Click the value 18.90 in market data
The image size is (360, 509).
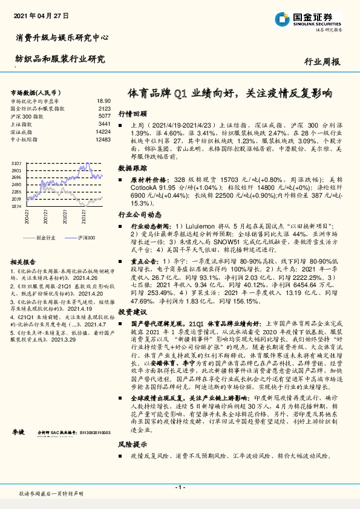(103, 101)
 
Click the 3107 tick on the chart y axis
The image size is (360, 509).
(16, 164)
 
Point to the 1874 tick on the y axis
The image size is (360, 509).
(16, 206)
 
